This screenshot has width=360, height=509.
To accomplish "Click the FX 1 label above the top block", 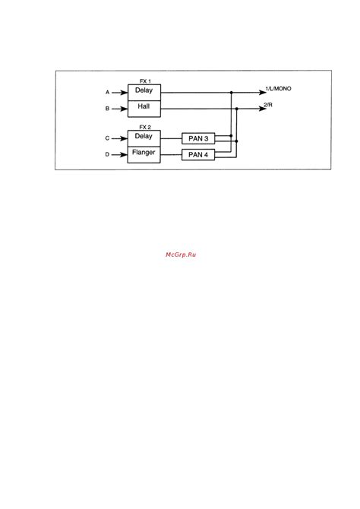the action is [x=145, y=81].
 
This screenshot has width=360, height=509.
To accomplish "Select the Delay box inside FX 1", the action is [x=144, y=93].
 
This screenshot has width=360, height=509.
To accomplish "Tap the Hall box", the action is [x=144, y=109].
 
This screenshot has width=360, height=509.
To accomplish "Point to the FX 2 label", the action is [x=145, y=128].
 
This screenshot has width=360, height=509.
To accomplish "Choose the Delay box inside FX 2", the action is [x=144, y=138].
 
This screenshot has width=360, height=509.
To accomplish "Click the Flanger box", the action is [x=144, y=155].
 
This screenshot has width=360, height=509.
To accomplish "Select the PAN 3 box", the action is [x=198, y=138].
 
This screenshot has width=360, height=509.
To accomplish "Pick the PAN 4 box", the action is [x=198, y=154].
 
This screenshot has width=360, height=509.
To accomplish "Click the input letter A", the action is [x=107, y=93].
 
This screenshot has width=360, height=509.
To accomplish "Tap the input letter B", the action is [x=107, y=109].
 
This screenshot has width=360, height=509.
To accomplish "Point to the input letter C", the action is [x=107, y=138].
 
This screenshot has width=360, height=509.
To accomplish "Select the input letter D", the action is [x=107, y=154].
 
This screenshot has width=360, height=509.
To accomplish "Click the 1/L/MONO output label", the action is [x=279, y=89].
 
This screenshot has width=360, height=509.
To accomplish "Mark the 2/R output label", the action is [x=268, y=105].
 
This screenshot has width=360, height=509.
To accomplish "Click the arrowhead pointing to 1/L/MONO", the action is [x=263, y=93].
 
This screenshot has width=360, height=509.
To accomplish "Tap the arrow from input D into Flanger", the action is [x=119, y=155].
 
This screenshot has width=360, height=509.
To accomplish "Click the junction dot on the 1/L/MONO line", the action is [x=232, y=93].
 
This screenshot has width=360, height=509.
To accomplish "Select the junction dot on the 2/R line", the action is [x=237, y=109].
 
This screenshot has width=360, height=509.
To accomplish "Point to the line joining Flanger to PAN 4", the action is [x=171, y=155].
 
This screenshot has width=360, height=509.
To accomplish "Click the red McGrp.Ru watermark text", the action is [x=181, y=254].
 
